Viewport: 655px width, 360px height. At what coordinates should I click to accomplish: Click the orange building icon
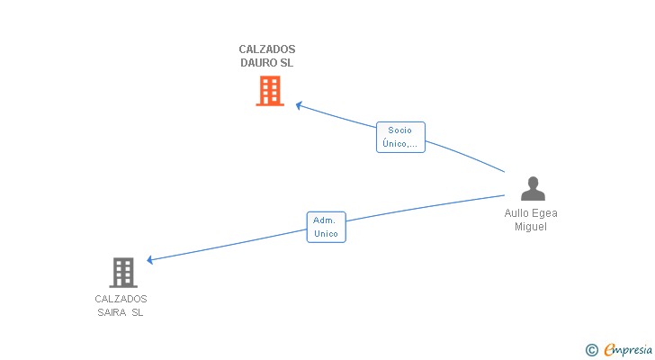[x=270, y=91]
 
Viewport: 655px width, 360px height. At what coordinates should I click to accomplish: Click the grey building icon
[x=123, y=273]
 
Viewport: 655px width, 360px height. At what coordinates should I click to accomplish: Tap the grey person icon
[x=533, y=188]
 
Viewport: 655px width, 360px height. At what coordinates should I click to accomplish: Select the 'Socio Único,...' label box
[x=400, y=137]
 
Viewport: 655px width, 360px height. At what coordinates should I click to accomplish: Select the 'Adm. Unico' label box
[x=327, y=227]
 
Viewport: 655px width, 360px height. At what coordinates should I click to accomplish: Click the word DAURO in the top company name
[x=256, y=63]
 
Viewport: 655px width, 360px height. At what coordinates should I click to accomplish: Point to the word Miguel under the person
[x=531, y=227]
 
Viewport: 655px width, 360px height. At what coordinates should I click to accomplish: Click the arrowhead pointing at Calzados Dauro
[x=299, y=105]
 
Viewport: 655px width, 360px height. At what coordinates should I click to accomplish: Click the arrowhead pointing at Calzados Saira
[x=150, y=260]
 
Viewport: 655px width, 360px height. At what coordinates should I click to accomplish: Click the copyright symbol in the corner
[x=591, y=350]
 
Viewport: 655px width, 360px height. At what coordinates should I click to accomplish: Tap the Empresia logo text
[x=628, y=350]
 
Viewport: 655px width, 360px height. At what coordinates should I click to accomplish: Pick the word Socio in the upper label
[x=399, y=130]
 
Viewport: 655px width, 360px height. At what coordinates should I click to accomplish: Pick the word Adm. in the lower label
[x=324, y=220]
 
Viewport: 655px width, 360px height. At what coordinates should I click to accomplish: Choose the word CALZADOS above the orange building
[x=267, y=49]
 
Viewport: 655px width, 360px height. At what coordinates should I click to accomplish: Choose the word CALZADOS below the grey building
[x=121, y=299]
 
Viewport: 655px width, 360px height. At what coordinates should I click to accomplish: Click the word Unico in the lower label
[x=326, y=234]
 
